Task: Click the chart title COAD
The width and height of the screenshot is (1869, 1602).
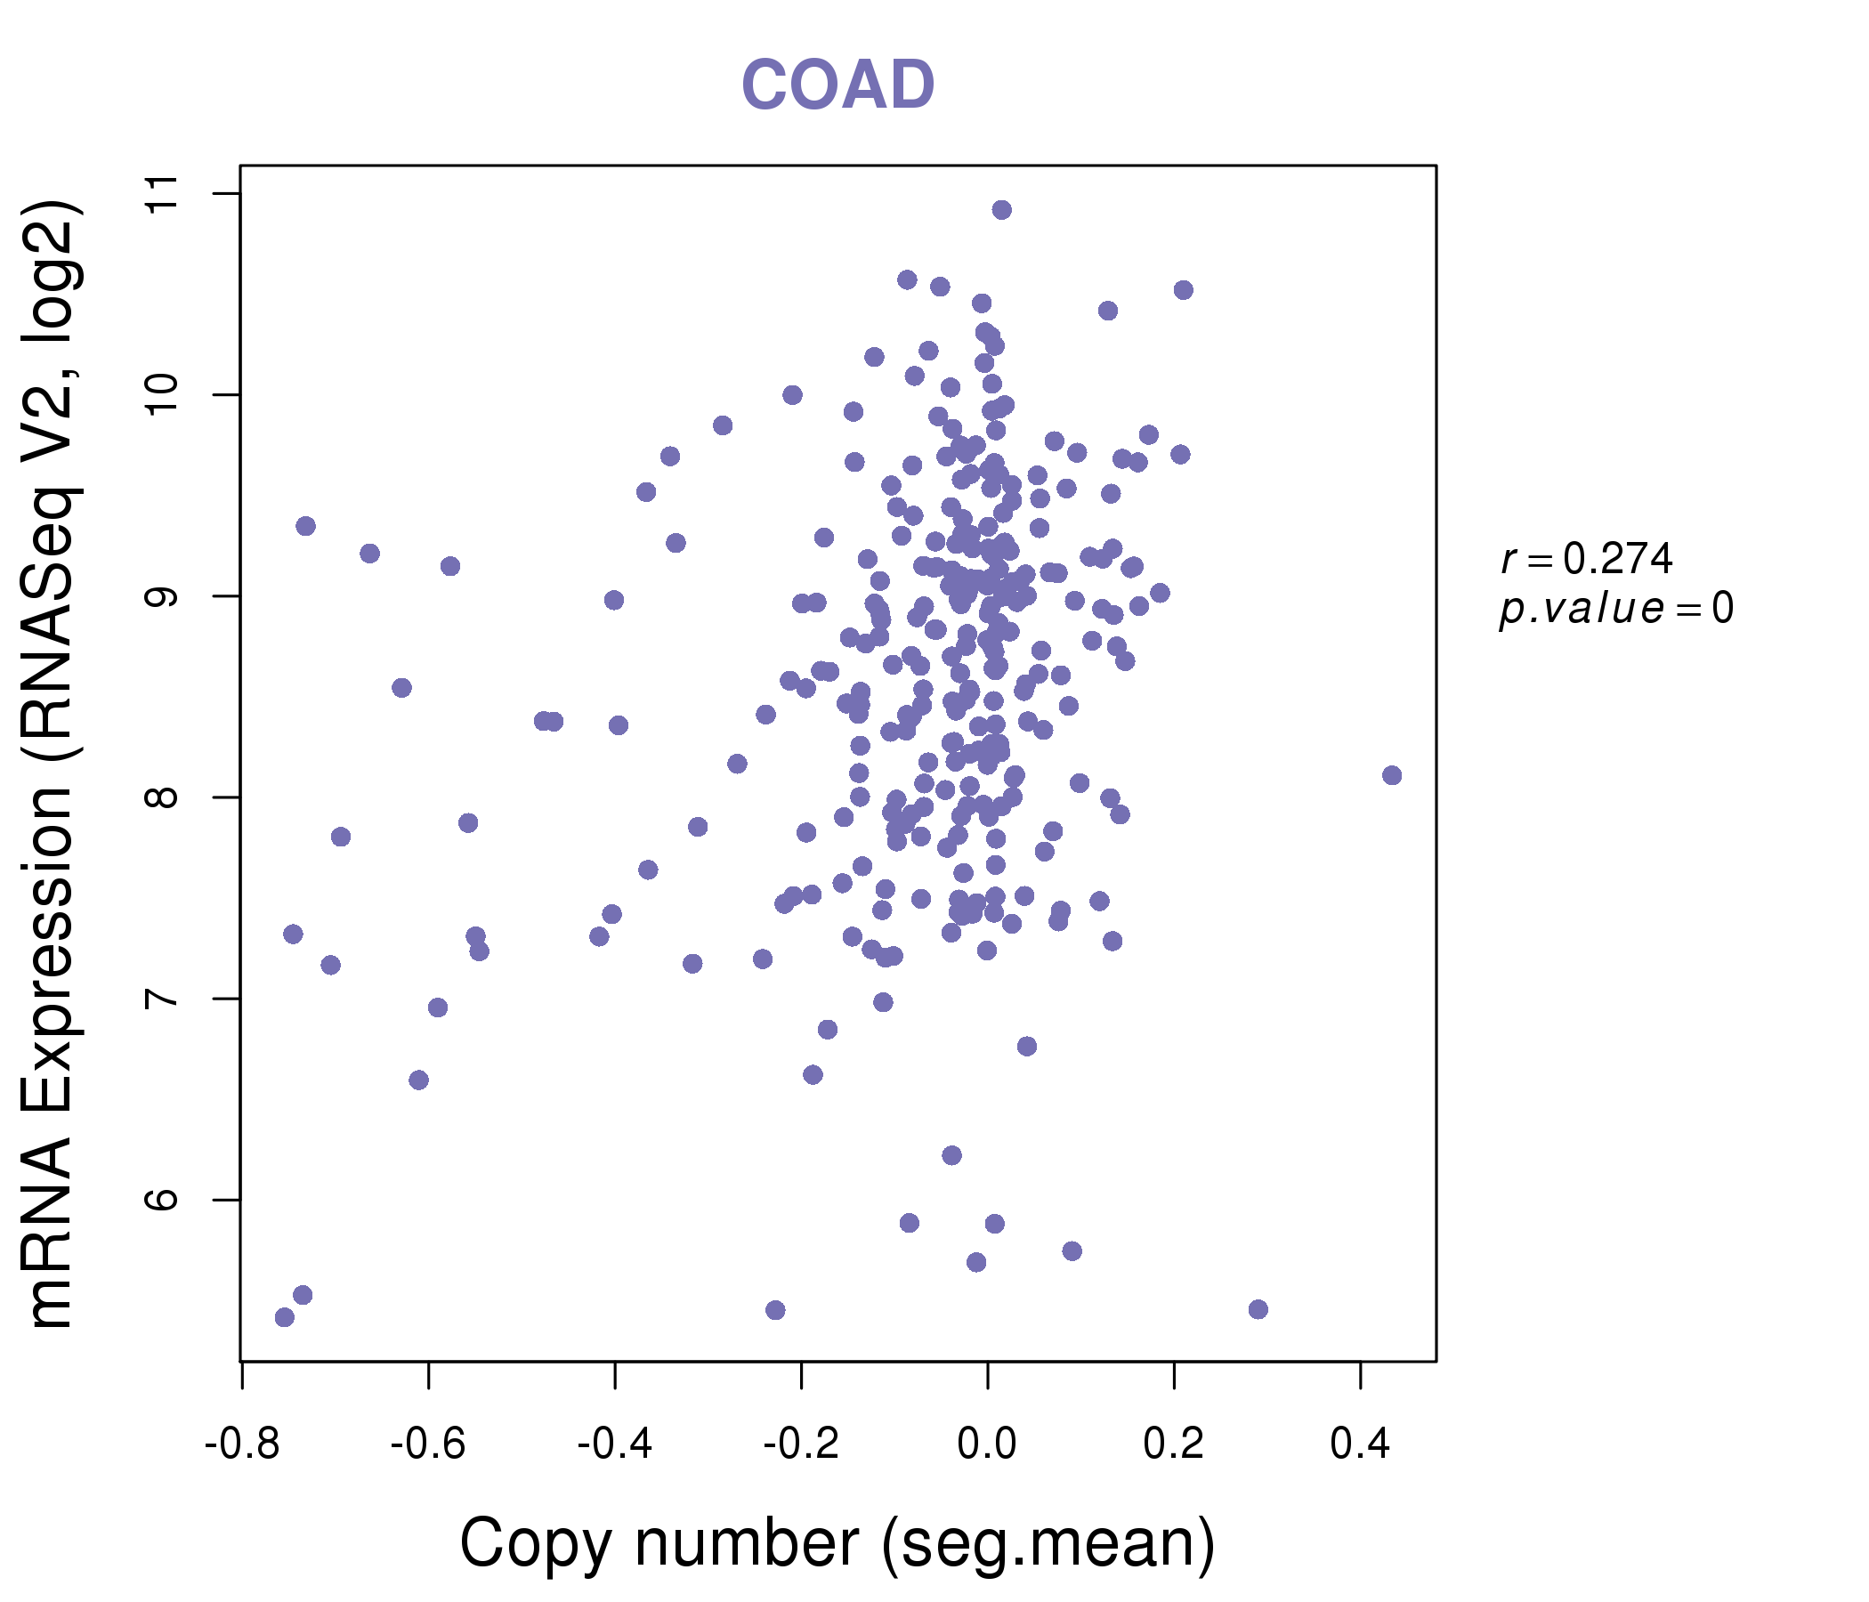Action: click(837, 85)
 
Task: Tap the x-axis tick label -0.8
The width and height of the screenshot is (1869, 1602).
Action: click(242, 1444)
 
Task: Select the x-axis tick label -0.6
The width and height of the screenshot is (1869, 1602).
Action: click(427, 1444)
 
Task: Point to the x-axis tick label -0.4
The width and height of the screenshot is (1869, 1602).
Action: click(614, 1444)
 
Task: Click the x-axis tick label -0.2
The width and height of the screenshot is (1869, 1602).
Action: click(801, 1444)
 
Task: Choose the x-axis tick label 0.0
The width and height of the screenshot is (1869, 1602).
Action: click(987, 1444)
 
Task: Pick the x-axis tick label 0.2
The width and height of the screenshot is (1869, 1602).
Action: click(1173, 1444)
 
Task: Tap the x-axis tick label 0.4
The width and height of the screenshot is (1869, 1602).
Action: click(1359, 1444)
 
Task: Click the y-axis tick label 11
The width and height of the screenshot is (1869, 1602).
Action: click(162, 193)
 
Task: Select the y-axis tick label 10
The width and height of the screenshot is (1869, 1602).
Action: click(162, 394)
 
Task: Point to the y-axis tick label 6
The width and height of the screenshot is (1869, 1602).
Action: click(162, 1200)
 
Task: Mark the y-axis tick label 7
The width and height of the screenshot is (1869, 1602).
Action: click(162, 999)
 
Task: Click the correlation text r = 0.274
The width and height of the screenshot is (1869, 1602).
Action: click(1587, 559)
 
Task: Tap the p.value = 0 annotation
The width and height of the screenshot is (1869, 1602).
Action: click(1615, 609)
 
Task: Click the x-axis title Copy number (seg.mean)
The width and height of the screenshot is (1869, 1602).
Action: click(837, 1543)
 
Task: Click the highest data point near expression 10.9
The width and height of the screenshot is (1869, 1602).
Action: click(1001, 210)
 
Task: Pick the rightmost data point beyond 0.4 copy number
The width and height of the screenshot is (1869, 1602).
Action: click(1392, 775)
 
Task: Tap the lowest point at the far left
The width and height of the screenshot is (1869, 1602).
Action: click(284, 1318)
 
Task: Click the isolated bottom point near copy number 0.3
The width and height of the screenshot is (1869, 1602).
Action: click(1258, 1309)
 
